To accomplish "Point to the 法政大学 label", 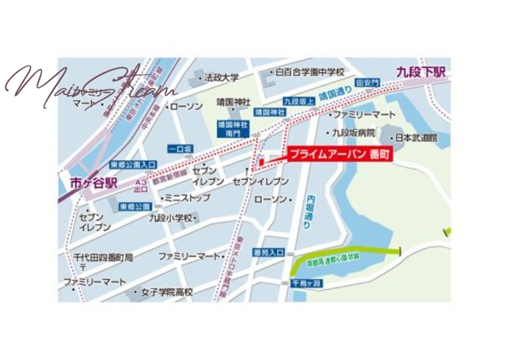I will pyautogui.click(x=221, y=78).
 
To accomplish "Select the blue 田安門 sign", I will pyautogui.click(x=368, y=83).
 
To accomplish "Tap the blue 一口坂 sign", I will pyautogui.click(x=180, y=149).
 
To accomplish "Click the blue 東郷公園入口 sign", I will pyautogui.click(x=133, y=164).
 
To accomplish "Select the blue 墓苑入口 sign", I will pyautogui.click(x=268, y=252).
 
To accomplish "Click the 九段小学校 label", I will pyautogui.click(x=171, y=218).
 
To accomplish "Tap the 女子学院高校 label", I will pyautogui.click(x=167, y=292).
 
